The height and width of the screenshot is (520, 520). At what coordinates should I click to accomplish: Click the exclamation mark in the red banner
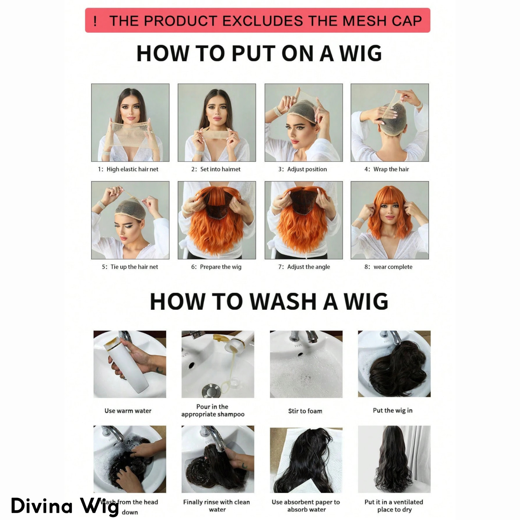[95, 21]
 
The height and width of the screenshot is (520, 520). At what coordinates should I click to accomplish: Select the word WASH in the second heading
[283, 302]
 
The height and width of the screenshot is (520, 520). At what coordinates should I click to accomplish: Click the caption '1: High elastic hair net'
[128, 169]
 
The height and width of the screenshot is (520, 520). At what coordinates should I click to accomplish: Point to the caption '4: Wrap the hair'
[386, 169]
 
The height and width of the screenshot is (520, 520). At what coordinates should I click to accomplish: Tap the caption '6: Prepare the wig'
[216, 267]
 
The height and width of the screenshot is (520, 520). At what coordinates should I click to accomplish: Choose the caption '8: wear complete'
[388, 267]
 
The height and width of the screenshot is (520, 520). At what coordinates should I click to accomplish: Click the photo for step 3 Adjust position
[304, 123]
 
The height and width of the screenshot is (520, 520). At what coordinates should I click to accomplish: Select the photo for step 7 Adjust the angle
[304, 220]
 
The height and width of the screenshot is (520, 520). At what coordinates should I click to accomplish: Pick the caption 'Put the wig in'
[393, 410]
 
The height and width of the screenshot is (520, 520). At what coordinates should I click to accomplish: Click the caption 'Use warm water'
[128, 411]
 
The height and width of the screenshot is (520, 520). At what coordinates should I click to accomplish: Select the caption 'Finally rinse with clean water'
[217, 506]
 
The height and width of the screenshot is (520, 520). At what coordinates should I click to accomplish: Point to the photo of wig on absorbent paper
[306, 460]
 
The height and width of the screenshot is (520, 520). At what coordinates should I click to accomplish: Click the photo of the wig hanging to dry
[394, 459]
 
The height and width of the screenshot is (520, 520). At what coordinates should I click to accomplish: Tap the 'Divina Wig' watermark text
[65, 506]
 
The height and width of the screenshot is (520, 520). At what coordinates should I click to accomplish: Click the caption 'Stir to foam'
[305, 411]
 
